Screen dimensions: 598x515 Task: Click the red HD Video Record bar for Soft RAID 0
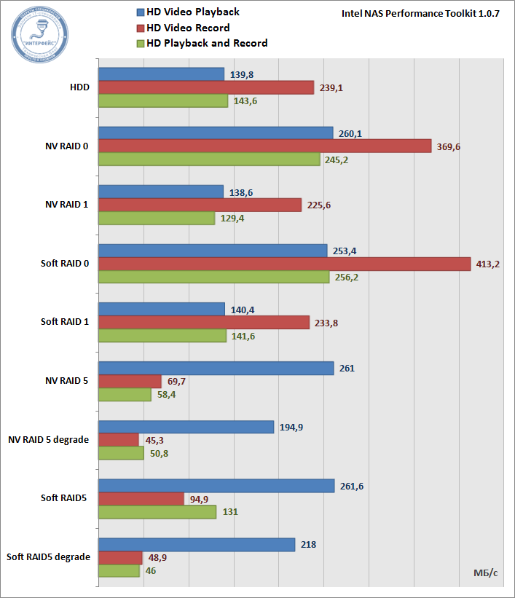284,264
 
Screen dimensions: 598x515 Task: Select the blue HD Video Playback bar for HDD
161,74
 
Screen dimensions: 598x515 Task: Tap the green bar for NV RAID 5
125,395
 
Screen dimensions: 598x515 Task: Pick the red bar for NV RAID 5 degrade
118,440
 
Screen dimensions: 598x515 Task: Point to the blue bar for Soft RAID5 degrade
196,544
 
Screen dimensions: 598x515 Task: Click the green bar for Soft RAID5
157,512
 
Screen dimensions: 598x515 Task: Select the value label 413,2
487,264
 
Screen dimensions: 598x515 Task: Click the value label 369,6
448,146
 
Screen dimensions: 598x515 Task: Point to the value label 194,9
291,427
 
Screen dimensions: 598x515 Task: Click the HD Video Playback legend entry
187,12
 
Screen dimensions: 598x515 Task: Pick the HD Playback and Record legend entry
201,43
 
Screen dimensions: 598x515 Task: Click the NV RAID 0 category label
66,146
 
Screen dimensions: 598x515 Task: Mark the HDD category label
79,87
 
